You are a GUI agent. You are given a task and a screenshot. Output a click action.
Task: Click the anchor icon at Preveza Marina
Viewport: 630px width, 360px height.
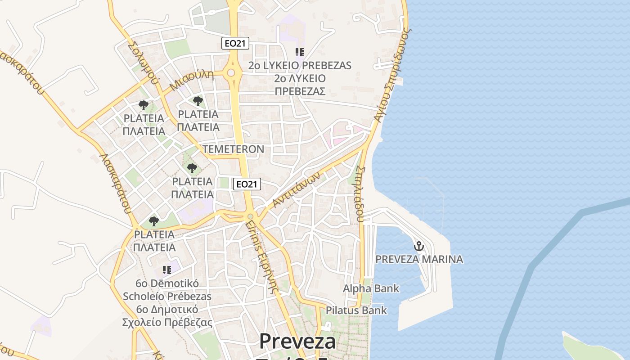(419, 246)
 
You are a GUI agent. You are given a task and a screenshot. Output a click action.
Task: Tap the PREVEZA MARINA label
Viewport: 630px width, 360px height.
(419, 259)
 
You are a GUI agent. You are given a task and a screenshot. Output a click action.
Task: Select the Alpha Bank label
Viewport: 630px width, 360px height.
(371, 288)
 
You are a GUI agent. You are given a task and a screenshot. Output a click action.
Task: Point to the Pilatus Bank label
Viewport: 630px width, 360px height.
(356, 310)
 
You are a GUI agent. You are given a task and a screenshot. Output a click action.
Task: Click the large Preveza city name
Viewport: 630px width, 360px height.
(297, 342)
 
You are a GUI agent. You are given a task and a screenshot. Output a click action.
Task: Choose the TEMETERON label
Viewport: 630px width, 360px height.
(233, 149)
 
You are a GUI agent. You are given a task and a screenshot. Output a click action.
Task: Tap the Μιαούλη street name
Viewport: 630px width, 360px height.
(192, 81)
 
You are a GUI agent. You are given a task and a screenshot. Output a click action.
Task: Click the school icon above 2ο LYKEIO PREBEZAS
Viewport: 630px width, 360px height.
(300, 52)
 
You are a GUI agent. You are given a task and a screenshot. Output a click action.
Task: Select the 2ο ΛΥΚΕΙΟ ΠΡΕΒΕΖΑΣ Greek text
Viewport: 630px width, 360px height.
(300, 85)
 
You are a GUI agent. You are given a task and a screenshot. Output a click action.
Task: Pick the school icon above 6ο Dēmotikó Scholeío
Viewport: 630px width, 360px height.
(167, 270)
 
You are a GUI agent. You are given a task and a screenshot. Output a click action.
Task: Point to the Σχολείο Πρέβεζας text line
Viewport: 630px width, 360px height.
(167, 322)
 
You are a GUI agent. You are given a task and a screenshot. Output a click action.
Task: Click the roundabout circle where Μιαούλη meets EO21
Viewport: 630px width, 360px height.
(231, 73)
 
